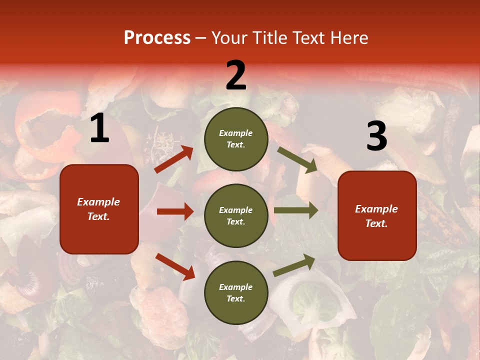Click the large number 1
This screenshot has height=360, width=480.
[99, 128]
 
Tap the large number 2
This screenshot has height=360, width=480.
[236, 75]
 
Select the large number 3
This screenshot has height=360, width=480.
[376, 136]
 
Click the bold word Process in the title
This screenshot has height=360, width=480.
[157, 38]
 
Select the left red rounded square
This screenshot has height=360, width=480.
[99, 209]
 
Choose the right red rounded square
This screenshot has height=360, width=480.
[377, 216]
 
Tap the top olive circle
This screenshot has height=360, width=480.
[236, 139]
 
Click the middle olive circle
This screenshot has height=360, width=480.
[236, 216]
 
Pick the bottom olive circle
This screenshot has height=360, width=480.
[236, 293]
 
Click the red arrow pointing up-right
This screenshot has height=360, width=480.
[174, 159]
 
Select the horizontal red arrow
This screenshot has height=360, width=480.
[175, 211]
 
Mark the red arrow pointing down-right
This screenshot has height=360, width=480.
[175, 266]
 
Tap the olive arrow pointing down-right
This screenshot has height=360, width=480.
[297, 159]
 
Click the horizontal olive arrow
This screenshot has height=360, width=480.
[295, 210]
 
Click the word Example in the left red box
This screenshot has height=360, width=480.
[98, 202]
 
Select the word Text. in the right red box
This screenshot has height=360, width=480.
[376, 223]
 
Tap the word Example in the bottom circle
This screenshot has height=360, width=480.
[236, 287]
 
